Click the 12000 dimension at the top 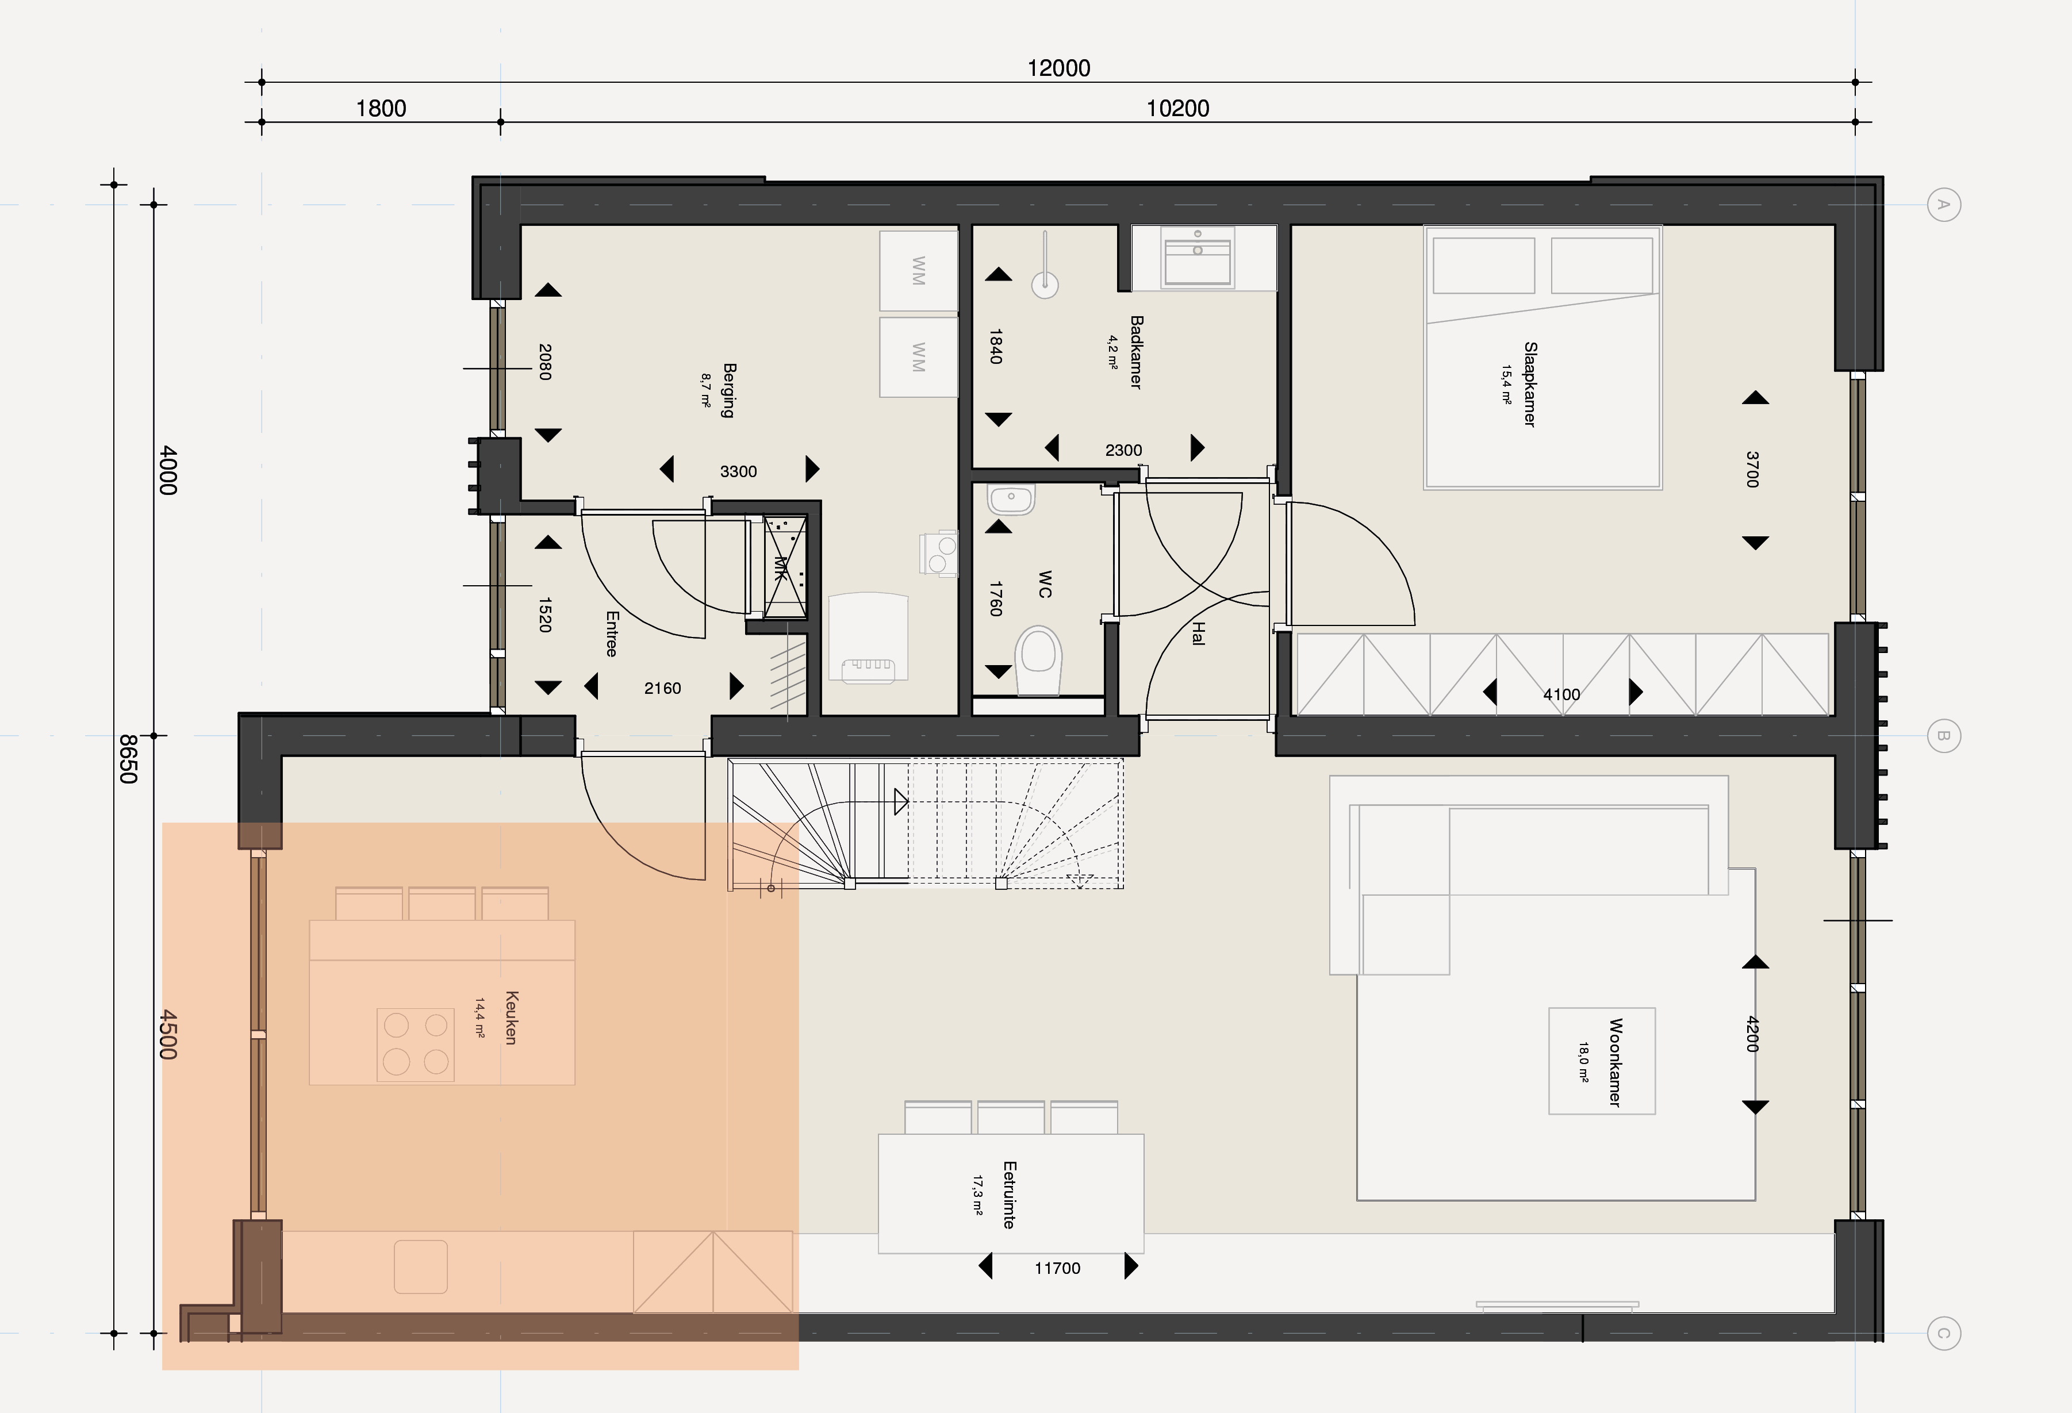1058,68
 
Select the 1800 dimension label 381,109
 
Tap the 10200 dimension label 1177,109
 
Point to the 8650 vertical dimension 128,759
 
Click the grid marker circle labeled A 1944,205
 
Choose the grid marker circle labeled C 1944,1334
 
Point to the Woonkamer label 1614,1063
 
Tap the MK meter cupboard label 781,568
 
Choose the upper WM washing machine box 918,271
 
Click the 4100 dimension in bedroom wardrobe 1561,694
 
